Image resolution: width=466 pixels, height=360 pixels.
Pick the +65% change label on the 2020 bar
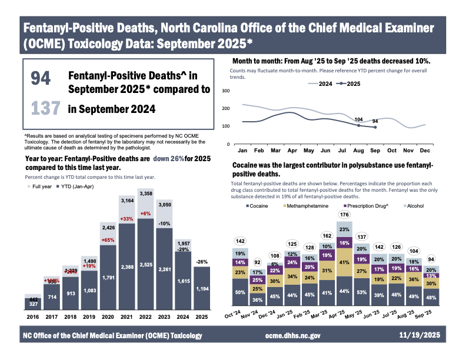[108, 240]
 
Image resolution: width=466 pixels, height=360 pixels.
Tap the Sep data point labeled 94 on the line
[375, 127]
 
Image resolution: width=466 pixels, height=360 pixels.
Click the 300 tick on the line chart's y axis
[225, 91]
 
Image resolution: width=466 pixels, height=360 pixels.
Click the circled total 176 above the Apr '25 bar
[344, 214]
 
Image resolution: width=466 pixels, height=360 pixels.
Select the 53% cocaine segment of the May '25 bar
[361, 293]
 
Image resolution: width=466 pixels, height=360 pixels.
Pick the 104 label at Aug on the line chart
[358, 119]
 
